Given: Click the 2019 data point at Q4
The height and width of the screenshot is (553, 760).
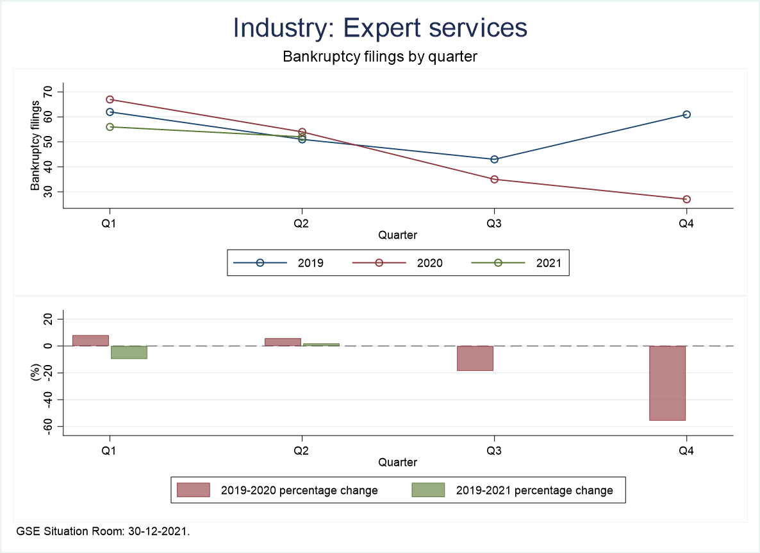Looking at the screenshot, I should (x=686, y=114).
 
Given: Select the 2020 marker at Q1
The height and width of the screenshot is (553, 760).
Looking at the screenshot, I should (x=110, y=99).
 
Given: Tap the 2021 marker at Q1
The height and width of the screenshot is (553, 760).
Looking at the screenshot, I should (x=110, y=127).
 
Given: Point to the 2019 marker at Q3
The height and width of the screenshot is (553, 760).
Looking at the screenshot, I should (x=494, y=159).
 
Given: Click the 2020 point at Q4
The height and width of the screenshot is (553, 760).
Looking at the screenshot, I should (x=686, y=200).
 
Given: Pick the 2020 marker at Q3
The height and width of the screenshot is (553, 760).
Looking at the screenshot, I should (x=494, y=179).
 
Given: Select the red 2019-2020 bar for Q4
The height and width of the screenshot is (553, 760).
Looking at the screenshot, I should (x=668, y=383).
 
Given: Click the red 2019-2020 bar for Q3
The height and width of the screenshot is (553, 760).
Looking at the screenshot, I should (x=475, y=358).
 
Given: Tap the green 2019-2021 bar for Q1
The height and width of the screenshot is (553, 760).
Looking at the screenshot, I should (x=129, y=352).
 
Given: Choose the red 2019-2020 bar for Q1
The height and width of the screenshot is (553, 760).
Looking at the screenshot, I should (x=91, y=341).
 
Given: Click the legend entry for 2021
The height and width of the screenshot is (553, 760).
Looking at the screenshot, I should (x=549, y=262).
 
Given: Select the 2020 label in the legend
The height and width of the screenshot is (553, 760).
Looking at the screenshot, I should (x=429, y=262).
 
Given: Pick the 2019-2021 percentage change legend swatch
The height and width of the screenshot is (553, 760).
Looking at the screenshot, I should (x=427, y=490).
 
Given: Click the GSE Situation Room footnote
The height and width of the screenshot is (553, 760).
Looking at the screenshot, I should (x=103, y=531).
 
